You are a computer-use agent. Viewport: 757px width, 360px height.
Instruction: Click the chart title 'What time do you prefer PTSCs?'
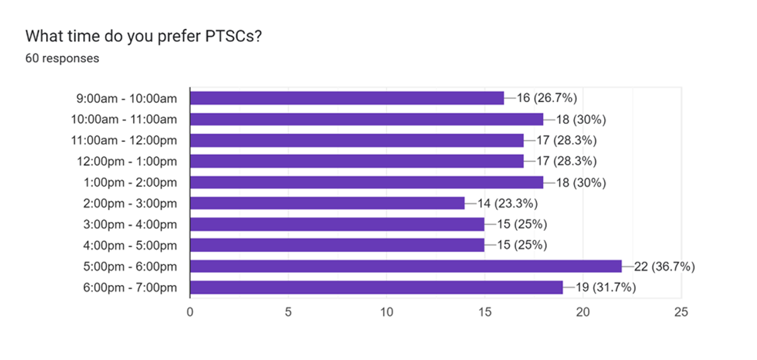point(144,37)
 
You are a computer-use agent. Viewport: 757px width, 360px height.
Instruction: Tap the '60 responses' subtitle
point(62,59)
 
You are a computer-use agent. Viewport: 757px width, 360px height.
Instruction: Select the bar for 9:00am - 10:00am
point(346,98)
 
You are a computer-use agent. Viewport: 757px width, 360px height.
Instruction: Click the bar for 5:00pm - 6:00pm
point(405,266)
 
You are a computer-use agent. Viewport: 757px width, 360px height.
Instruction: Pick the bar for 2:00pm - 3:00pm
point(327,203)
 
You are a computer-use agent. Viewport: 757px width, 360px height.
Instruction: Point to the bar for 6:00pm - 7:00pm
point(376,287)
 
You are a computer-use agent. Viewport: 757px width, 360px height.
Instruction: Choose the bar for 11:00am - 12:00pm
point(356,140)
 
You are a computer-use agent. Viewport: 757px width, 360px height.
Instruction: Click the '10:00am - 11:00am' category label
point(124,119)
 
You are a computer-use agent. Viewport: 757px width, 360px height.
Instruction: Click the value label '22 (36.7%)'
point(664,267)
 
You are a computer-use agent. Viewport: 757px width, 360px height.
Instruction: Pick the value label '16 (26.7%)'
point(547,98)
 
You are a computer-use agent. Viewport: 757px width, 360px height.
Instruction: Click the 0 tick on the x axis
point(190,311)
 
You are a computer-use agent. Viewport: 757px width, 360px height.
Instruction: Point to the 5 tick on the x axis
point(288,311)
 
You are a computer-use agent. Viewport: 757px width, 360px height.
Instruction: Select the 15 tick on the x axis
point(484,311)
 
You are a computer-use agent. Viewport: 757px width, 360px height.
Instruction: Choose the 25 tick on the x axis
point(681,311)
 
